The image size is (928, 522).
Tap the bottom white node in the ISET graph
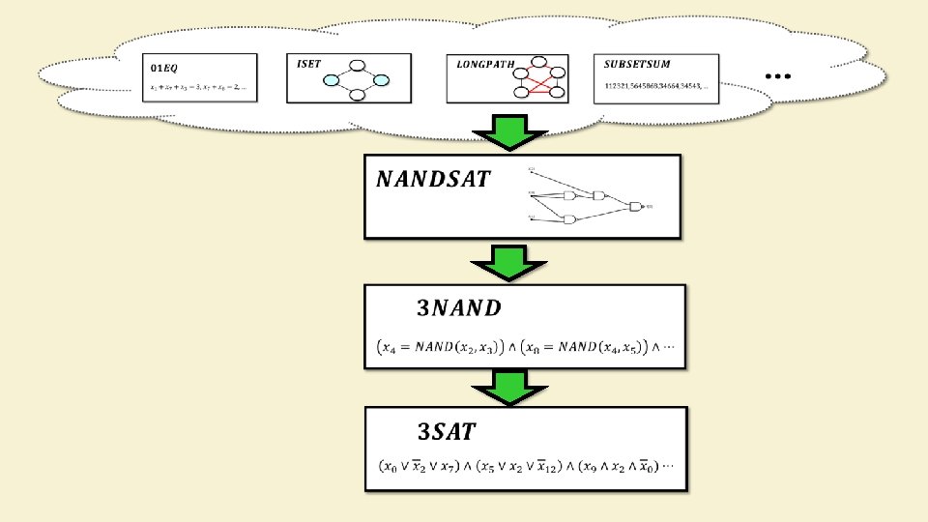coord(356,95)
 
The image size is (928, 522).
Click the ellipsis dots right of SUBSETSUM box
coord(778,75)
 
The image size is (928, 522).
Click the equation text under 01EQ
coord(198,88)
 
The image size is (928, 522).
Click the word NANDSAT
coord(433,179)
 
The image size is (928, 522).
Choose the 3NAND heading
coord(459,308)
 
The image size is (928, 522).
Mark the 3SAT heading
coord(446,430)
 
